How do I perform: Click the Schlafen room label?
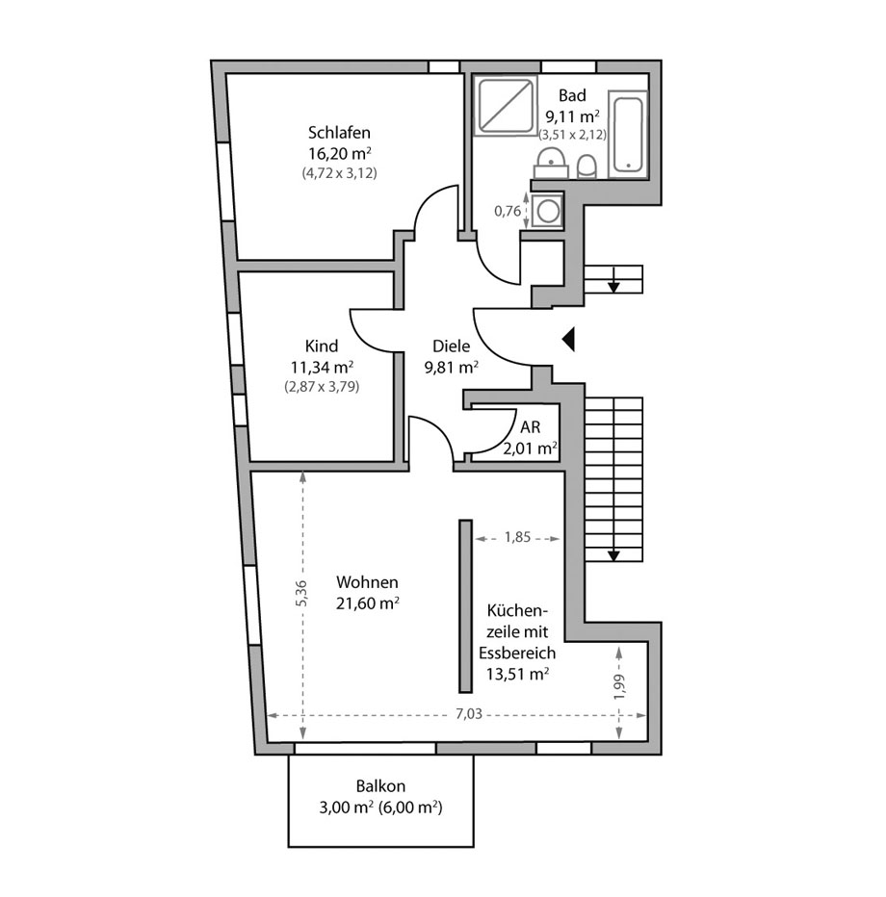(340, 133)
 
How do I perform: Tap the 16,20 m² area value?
(340, 153)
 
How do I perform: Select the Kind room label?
(321, 346)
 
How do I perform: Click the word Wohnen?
(367, 582)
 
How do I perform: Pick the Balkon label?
(381, 785)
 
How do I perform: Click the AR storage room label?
(530, 426)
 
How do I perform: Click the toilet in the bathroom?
(587, 167)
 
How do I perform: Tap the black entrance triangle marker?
(568, 338)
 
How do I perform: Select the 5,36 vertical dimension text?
(301, 593)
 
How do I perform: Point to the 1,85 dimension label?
(517, 539)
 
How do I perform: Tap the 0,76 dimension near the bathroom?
(508, 210)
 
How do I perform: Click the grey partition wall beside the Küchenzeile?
(465, 605)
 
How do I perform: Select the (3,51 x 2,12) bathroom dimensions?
(572, 135)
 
